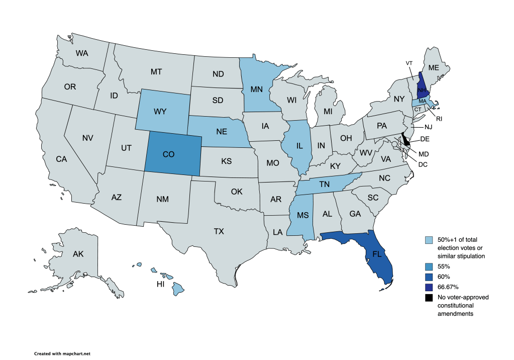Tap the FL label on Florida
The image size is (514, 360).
click(375, 254)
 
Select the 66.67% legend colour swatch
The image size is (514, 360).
click(428, 287)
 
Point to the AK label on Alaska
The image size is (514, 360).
click(78, 254)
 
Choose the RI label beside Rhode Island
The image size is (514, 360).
click(439, 119)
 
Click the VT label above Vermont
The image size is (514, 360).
click(409, 63)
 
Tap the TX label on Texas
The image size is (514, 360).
click(219, 232)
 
